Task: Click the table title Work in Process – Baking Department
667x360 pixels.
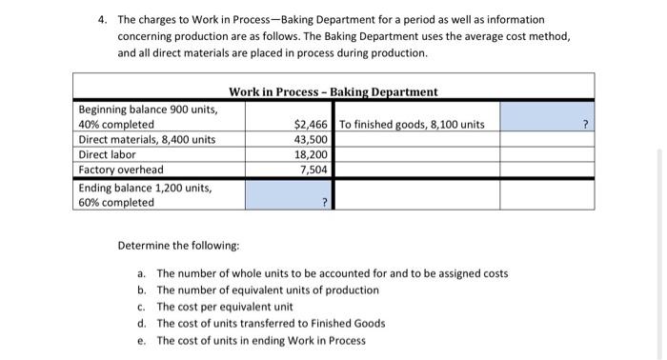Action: (x=333, y=91)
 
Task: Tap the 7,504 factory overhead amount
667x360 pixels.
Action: (x=315, y=170)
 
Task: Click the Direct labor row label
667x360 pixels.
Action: (x=107, y=154)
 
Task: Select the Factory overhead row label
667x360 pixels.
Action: (x=121, y=170)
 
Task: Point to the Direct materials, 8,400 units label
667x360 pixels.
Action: (x=147, y=140)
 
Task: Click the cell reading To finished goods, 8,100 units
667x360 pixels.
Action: (x=412, y=125)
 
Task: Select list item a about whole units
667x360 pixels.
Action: (x=332, y=274)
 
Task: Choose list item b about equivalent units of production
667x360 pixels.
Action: (x=267, y=290)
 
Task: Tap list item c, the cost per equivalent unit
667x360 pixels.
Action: (x=224, y=307)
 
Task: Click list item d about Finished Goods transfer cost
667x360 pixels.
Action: (x=271, y=324)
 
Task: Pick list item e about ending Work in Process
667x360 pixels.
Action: (x=260, y=340)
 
